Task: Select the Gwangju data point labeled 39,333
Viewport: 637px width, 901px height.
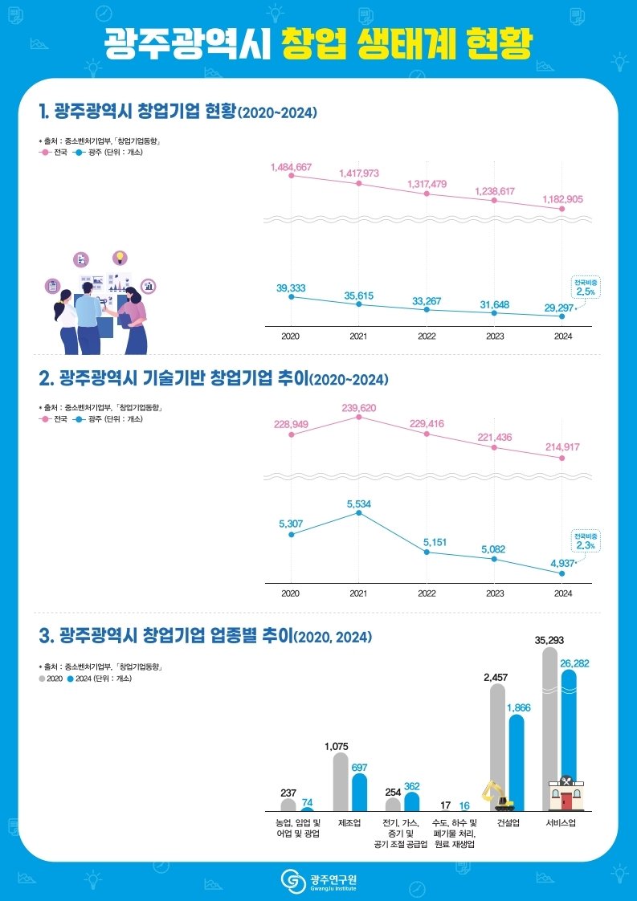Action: click(x=291, y=297)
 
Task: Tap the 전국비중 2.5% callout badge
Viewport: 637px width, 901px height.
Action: click(x=586, y=287)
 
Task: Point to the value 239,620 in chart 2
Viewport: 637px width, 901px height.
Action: click(x=358, y=408)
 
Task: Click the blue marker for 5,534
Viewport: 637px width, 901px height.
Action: click(x=359, y=512)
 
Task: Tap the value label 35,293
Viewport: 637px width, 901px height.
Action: click(x=549, y=640)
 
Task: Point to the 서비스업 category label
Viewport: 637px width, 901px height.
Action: click(x=560, y=823)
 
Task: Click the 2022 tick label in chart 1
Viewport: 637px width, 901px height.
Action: click(x=427, y=336)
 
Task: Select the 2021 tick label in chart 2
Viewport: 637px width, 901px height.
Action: click(x=358, y=593)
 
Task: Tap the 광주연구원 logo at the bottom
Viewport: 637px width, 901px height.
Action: click(x=319, y=880)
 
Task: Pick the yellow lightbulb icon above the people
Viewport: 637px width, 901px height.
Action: click(x=120, y=258)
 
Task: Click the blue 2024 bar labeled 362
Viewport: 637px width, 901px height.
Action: click(x=412, y=801)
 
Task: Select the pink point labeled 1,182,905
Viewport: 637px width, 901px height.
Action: click(x=562, y=209)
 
